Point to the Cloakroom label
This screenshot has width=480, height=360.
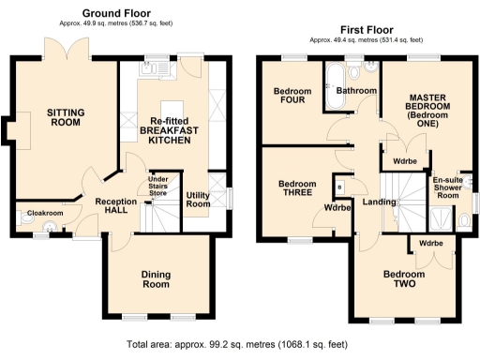tap(44, 214)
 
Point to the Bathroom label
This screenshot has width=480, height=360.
tap(356, 91)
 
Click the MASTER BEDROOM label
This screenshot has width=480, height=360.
tap(428, 109)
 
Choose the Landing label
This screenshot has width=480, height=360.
tap(379, 202)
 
